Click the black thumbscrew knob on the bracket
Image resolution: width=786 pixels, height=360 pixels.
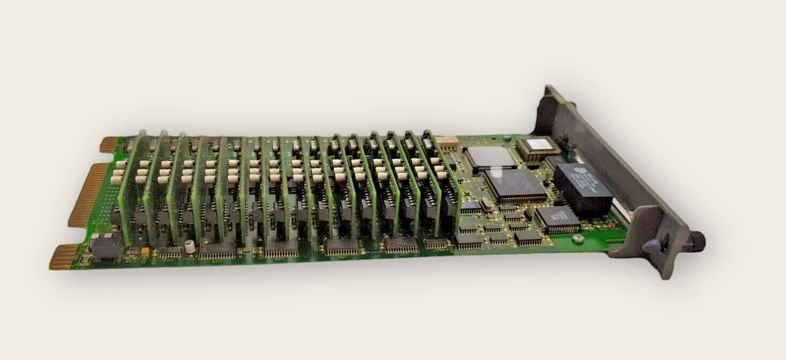pos(696,240)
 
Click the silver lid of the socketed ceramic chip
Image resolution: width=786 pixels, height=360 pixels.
pos(538,145)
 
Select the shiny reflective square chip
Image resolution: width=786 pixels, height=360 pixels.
pos(491,156)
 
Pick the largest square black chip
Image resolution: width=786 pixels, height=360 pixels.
pos(515,186)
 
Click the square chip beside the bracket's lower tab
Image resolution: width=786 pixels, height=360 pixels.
pos(557,219)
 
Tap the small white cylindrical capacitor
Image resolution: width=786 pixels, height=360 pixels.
pos(190,246)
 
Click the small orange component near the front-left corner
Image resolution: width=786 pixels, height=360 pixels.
pos(145,252)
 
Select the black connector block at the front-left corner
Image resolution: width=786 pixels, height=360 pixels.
pos(106,248)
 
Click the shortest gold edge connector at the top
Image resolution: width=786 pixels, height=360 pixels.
pos(109,145)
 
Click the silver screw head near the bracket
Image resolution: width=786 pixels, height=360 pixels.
pos(578,238)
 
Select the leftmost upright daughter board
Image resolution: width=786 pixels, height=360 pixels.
pos(132,189)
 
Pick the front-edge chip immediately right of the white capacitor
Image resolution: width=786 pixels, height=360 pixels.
pos(218,250)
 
